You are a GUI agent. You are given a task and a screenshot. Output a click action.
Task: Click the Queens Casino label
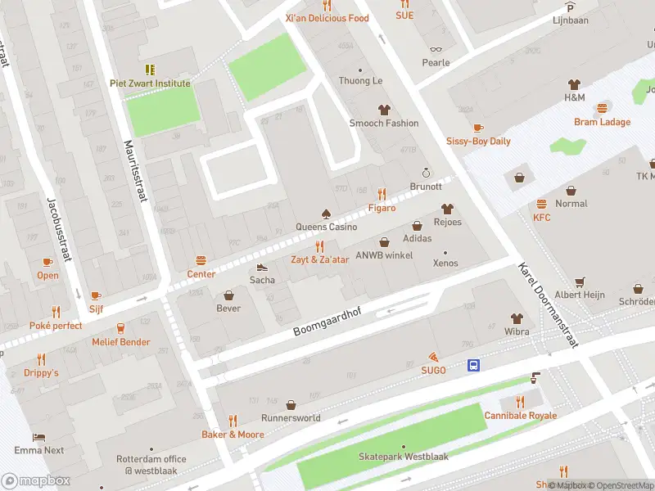[x=326, y=227]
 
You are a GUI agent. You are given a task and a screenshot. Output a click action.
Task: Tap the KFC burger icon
[x=541, y=204]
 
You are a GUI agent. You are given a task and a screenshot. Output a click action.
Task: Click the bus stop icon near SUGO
[x=474, y=366]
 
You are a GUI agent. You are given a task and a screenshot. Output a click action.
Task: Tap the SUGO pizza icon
[x=433, y=358]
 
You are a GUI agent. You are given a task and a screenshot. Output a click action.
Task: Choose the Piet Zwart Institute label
[x=150, y=83]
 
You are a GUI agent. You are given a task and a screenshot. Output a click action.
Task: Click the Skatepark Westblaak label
[x=404, y=457]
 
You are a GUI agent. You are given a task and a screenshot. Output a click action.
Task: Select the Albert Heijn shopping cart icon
[x=580, y=282]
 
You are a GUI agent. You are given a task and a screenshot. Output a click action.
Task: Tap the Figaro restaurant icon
[x=382, y=194]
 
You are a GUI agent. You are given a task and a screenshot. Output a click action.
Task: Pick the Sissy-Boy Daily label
[x=478, y=141]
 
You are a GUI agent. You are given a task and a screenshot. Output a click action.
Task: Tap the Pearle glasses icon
[x=436, y=49]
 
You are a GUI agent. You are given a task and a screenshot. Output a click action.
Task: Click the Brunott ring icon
[x=425, y=173]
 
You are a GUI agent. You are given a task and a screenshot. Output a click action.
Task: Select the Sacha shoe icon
[x=262, y=267]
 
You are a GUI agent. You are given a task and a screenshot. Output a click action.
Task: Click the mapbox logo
[x=34, y=480]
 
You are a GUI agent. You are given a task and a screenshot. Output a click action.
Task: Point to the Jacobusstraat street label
[x=60, y=230]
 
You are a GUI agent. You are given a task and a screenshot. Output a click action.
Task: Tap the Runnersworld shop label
[x=291, y=417]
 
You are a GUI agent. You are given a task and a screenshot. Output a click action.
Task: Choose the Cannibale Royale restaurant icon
[x=520, y=402]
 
